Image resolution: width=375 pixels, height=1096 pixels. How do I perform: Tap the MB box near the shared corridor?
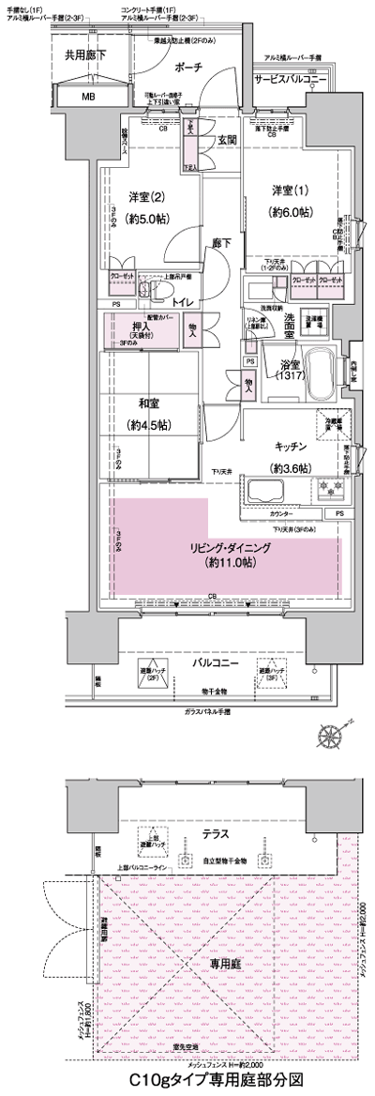[x=88, y=96]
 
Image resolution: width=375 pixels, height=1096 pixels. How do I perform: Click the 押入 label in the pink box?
[x=127, y=330]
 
